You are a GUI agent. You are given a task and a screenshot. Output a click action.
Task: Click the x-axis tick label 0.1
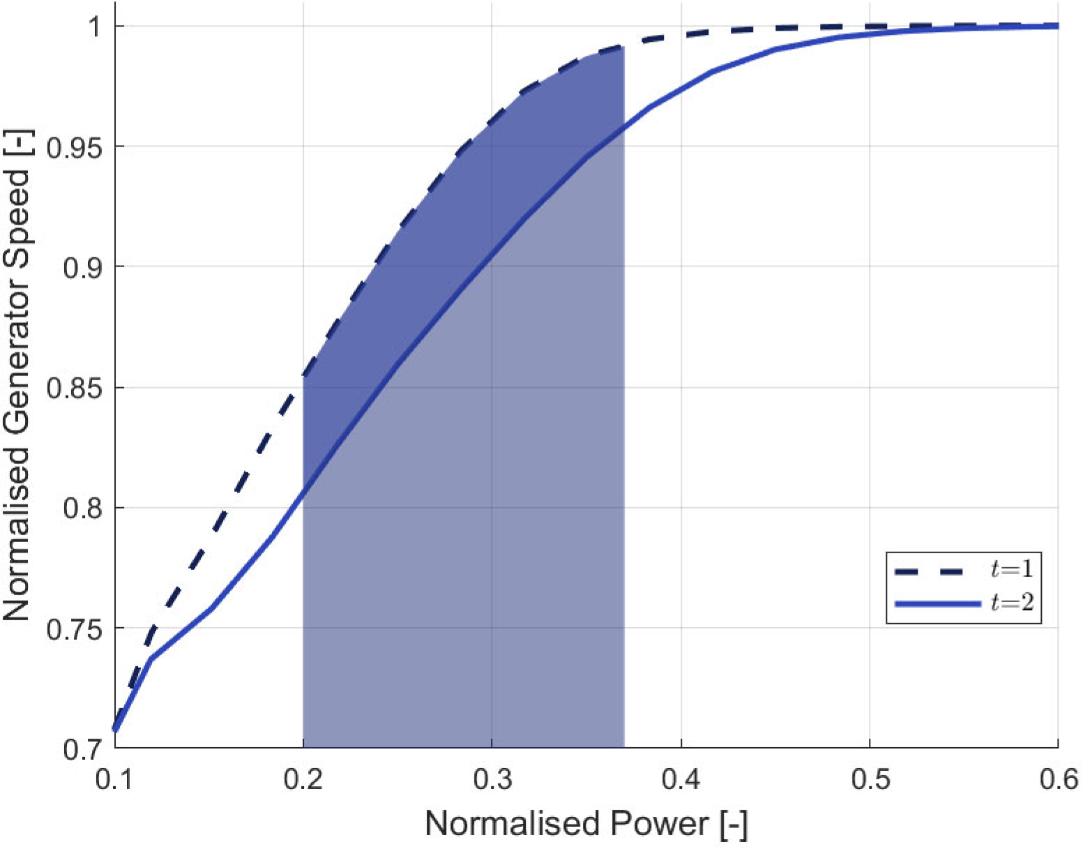[114, 779]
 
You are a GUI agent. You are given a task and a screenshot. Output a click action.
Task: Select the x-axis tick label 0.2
[303, 779]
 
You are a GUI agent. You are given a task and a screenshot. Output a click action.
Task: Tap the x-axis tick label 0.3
[492, 779]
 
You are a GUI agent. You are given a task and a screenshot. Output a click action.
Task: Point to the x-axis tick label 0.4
[681, 779]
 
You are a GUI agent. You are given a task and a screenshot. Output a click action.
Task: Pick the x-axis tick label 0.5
[870, 779]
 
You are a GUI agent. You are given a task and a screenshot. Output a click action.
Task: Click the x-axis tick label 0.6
[1059, 779]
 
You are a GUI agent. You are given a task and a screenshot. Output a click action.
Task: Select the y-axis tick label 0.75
[73, 629]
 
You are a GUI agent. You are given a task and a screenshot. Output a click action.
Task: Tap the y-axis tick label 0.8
[82, 508]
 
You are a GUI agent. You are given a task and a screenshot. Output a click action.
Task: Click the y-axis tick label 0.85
[73, 388]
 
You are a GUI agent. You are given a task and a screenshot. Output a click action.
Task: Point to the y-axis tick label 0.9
[82, 267]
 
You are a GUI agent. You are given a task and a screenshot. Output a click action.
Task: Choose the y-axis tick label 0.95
[73, 147]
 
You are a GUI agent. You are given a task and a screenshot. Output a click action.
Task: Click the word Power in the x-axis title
[660, 824]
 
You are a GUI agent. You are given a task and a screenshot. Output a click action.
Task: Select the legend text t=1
[1012, 570]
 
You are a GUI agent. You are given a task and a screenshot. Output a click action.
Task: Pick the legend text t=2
[1012, 602]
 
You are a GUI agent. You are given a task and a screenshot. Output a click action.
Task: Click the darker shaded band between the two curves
[446, 230]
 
